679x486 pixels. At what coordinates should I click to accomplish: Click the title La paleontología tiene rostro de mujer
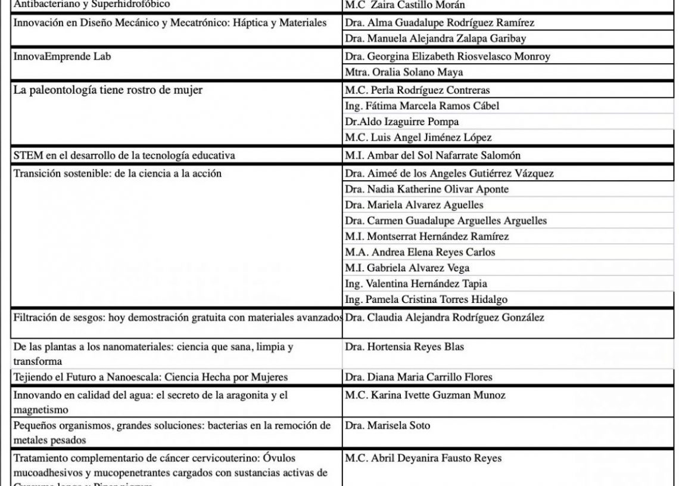[113, 91]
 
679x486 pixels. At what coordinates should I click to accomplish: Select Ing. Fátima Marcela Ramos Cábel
[422, 106]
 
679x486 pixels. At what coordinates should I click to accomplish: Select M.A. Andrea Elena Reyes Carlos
[420, 252]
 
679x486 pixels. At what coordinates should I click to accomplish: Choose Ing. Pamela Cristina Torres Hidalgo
[426, 299]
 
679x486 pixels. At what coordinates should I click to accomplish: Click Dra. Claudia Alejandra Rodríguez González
[444, 318]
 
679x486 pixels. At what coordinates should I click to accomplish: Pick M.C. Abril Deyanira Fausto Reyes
[423, 459]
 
